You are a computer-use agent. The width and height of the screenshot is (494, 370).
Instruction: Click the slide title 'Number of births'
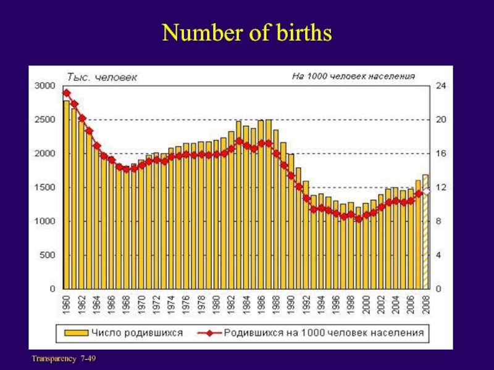(x=247, y=34)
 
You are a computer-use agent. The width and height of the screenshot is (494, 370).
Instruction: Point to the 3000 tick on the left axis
(x=44, y=86)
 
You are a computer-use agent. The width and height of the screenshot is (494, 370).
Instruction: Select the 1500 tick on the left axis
(x=44, y=187)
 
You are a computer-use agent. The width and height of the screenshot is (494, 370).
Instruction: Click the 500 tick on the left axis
(x=46, y=255)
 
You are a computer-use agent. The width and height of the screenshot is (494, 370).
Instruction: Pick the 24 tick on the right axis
(x=440, y=86)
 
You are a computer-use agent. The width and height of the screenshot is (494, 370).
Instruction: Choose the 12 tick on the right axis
(x=440, y=187)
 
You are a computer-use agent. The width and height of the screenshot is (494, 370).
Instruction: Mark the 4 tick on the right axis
(x=438, y=255)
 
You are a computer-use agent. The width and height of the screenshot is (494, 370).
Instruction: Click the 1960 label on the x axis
(x=67, y=306)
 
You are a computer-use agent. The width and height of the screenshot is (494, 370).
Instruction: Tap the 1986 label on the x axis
(x=261, y=306)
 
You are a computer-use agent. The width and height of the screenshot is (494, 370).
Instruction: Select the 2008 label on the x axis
(x=425, y=306)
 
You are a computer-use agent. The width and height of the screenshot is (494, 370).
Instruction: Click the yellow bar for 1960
(x=67, y=194)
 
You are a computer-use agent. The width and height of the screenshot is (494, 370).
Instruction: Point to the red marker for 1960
(x=67, y=93)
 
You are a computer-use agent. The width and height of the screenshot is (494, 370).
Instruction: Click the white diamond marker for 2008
(x=425, y=191)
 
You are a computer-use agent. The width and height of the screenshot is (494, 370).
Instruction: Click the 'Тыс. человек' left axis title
(x=102, y=77)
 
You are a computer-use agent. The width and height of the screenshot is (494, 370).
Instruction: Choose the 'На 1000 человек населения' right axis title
(x=353, y=76)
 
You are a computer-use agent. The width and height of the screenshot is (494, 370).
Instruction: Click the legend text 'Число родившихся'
(x=138, y=333)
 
